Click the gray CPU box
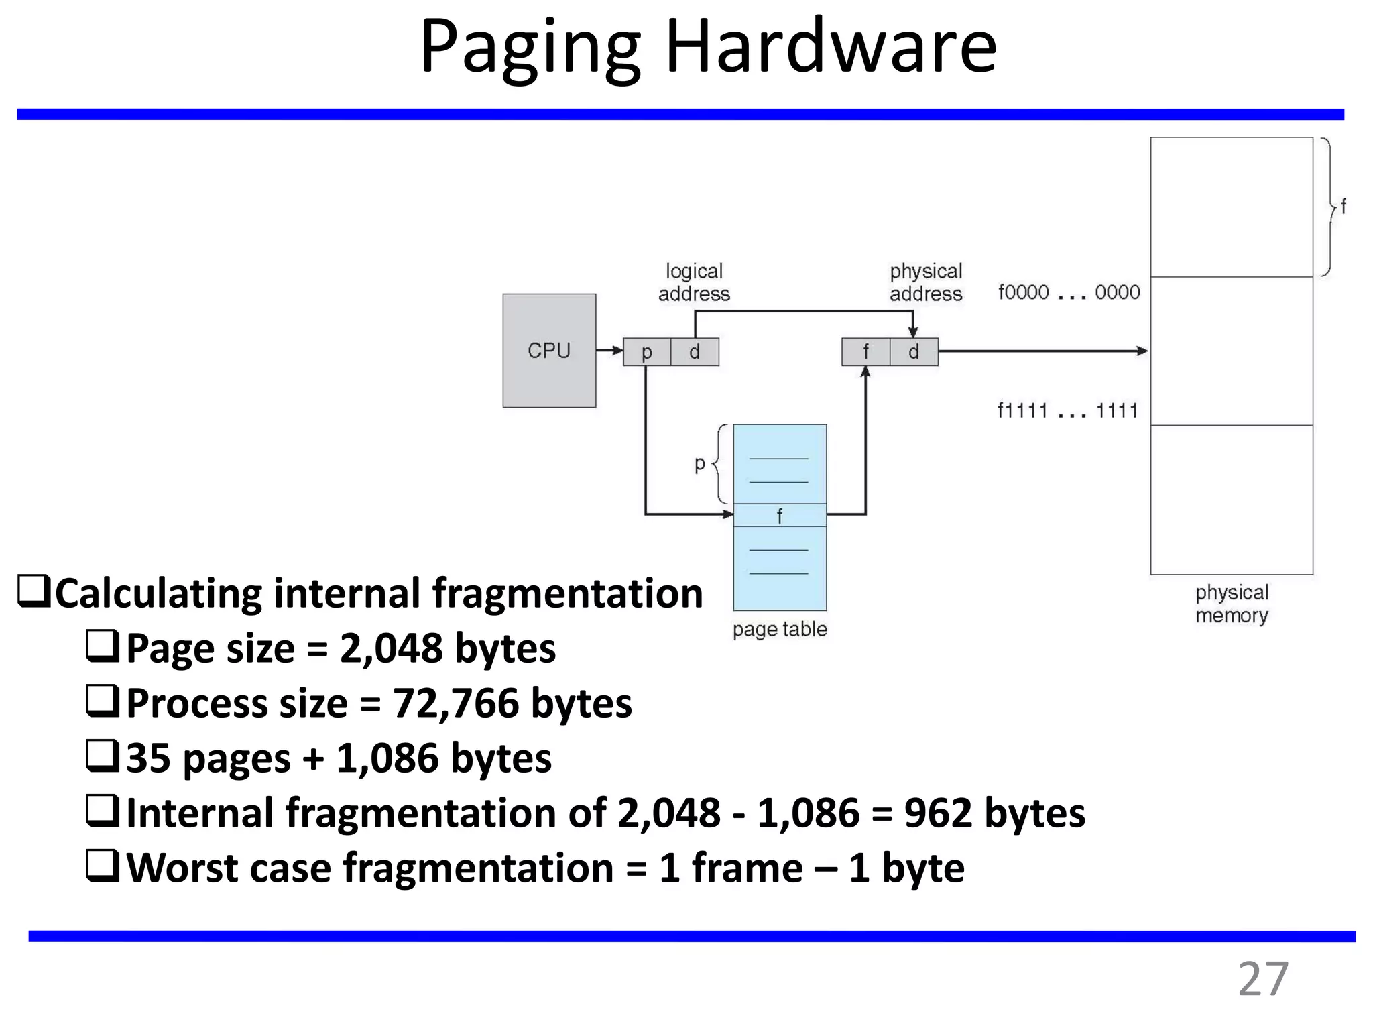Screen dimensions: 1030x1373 [549, 351]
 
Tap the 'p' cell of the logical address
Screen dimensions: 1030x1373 [647, 352]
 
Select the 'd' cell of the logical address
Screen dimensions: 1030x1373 [695, 352]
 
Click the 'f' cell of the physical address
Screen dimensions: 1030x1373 [865, 352]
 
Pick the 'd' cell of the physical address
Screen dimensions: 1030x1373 [914, 352]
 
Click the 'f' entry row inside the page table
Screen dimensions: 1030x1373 [780, 515]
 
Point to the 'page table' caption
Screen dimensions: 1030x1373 [780, 629]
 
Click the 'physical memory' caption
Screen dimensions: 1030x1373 [1232, 604]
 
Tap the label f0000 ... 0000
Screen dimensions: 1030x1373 [1069, 292]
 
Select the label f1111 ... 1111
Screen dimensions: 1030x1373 [1068, 410]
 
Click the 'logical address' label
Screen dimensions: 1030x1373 [694, 282]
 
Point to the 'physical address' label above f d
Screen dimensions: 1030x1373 [926, 282]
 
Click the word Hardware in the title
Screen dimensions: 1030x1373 [831, 48]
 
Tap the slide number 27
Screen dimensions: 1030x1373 [1262, 979]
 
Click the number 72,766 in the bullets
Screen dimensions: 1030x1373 [456, 703]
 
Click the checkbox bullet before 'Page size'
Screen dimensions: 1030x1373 [103, 647]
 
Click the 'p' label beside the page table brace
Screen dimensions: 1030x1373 [700, 463]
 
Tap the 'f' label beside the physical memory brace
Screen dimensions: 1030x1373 [1343, 206]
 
